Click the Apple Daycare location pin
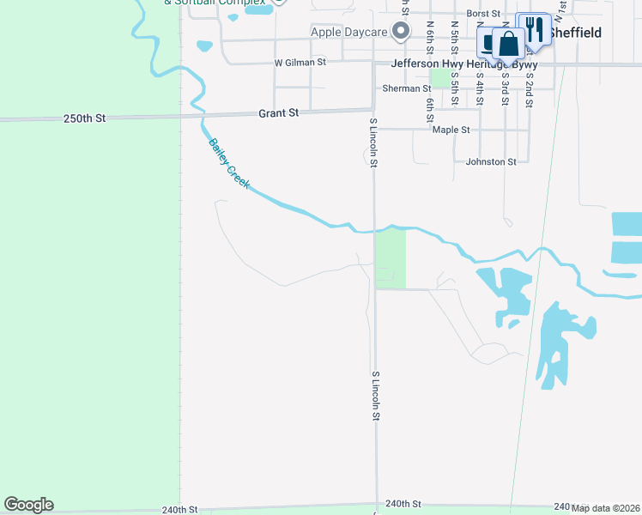click(400, 32)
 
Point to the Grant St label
click(278, 112)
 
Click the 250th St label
click(84, 118)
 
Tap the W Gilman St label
click(300, 63)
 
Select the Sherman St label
click(407, 88)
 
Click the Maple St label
click(451, 130)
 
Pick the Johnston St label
click(491, 161)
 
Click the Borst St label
click(483, 14)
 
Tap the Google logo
click(28, 505)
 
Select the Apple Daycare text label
click(348, 32)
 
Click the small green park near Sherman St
click(440, 78)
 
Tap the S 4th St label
click(480, 84)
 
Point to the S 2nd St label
click(530, 84)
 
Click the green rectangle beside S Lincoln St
click(390, 257)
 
